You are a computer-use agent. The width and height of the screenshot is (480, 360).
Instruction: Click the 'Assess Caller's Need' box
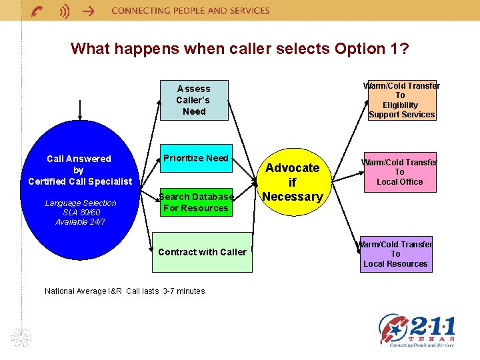(x=194, y=100)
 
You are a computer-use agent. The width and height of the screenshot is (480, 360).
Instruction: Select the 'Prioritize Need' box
(x=196, y=159)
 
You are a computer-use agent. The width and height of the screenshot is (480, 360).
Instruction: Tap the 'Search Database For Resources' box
(x=196, y=202)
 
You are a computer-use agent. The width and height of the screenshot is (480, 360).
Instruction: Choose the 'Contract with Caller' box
(x=202, y=252)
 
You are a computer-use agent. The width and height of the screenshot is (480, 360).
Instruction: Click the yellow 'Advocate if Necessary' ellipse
(x=292, y=182)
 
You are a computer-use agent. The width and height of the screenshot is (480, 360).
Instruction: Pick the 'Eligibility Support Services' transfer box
(x=401, y=100)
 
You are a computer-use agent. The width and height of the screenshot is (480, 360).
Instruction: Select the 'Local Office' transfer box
(x=399, y=171)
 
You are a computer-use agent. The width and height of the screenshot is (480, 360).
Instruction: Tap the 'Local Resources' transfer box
(x=395, y=254)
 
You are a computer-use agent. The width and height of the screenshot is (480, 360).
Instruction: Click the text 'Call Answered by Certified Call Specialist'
(x=79, y=170)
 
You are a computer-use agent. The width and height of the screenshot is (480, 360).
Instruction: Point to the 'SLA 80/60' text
(x=80, y=212)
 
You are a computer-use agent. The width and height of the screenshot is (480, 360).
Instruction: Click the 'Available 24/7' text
(x=80, y=221)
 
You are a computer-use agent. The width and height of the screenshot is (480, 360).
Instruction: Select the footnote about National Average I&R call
(x=125, y=291)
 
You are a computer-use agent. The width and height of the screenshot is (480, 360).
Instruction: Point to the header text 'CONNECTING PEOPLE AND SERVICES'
(x=191, y=11)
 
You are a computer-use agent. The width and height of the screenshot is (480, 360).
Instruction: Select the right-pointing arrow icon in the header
(x=86, y=11)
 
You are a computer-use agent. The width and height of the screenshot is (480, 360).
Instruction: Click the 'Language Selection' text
(x=80, y=203)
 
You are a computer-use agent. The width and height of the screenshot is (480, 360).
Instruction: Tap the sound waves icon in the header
(x=63, y=11)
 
